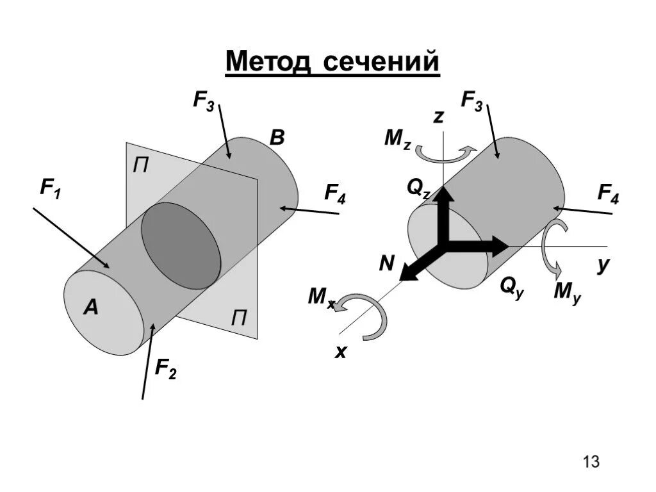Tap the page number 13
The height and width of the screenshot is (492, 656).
pyautogui.click(x=591, y=461)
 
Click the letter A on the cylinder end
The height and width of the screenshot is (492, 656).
pyautogui.click(x=91, y=308)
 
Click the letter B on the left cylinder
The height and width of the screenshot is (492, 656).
pyautogui.click(x=277, y=137)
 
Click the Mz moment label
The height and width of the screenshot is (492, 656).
pyautogui.click(x=398, y=138)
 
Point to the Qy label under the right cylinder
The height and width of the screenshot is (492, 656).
pyautogui.click(x=512, y=288)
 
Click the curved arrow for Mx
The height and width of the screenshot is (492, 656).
pyautogui.click(x=368, y=314)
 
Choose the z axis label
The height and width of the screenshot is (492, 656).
pyautogui.click(x=438, y=116)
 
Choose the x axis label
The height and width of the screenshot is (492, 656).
pyautogui.click(x=341, y=350)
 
